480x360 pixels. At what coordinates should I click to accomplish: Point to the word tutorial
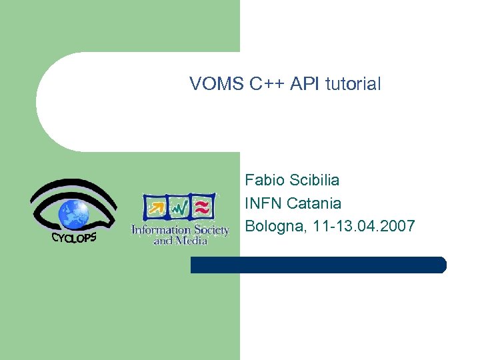point(353,84)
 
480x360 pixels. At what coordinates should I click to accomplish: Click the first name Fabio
point(264,180)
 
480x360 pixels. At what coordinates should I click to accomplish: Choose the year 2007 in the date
point(397,227)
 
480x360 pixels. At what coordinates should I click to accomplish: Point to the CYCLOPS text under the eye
point(74,237)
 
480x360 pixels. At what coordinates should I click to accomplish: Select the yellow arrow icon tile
point(157,207)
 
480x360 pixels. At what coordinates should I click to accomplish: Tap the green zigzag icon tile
point(179,207)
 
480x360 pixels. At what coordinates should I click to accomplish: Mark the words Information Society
point(180,230)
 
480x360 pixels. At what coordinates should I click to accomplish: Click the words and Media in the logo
point(180,240)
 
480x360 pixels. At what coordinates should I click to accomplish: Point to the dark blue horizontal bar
point(318,265)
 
